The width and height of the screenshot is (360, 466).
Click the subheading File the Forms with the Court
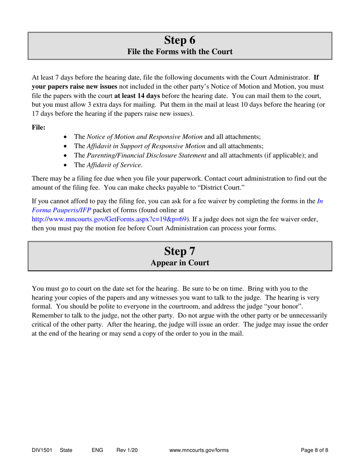click(x=180, y=52)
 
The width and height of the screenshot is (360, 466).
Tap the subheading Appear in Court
click(x=180, y=263)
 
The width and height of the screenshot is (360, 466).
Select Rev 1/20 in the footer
click(x=127, y=450)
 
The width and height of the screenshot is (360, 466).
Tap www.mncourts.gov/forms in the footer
click(x=199, y=450)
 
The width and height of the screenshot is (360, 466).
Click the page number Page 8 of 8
click(x=314, y=450)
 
